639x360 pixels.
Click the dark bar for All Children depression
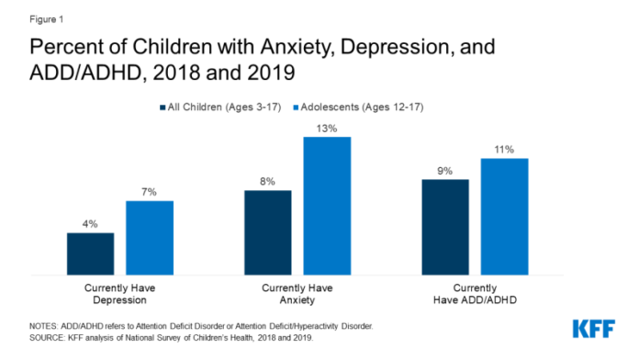90,253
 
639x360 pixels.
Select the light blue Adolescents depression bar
150,238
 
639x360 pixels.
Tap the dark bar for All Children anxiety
267,232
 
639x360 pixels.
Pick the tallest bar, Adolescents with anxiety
327,205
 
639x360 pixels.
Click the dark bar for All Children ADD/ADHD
445,227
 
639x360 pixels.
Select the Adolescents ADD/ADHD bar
505,217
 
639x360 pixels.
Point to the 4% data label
90,224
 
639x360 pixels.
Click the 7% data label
150,192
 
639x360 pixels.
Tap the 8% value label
267,182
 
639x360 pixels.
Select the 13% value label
327,129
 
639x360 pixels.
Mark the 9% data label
445,171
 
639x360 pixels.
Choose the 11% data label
505,150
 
